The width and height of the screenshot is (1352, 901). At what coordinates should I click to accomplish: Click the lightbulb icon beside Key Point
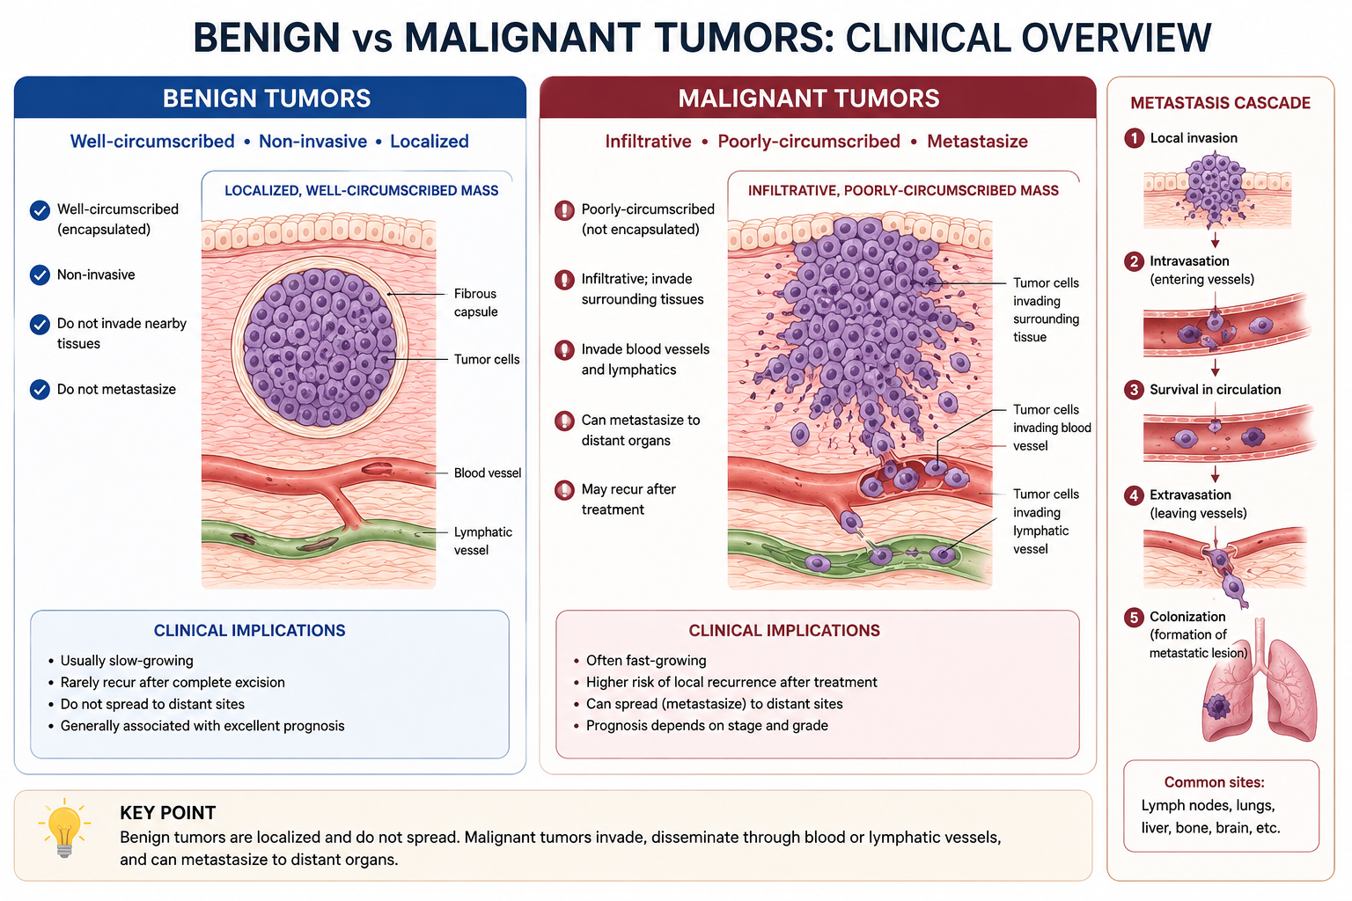tap(64, 827)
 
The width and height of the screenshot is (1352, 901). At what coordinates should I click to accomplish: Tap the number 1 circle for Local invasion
tap(1134, 138)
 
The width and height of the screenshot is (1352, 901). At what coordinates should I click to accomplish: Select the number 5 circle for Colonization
tap(1134, 617)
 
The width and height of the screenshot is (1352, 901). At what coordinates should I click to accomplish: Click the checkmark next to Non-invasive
tap(40, 275)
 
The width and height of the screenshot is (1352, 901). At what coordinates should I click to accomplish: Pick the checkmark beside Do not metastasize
tap(40, 389)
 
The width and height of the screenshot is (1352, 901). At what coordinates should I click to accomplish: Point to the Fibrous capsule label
tap(475, 303)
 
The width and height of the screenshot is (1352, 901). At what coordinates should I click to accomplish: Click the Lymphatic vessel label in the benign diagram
tap(483, 541)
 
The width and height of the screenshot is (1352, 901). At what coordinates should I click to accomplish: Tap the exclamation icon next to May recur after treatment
tap(564, 490)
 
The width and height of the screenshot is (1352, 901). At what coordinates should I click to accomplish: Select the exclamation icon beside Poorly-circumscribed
tap(564, 210)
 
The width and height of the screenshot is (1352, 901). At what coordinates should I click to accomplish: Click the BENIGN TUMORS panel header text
tap(267, 99)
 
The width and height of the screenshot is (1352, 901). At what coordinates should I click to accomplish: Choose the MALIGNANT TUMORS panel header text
tap(809, 99)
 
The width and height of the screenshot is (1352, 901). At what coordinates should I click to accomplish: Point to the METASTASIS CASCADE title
tap(1221, 103)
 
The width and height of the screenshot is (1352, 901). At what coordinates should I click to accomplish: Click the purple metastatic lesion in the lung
tap(1218, 706)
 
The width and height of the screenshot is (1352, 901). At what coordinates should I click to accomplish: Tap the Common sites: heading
tap(1215, 782)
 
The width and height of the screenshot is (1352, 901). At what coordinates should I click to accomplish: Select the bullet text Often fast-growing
tap(646, 660)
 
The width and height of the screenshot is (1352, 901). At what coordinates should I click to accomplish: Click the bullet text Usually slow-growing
tap(127, 660)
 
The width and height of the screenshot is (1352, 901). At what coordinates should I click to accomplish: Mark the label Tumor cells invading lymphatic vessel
tap(1046, 522)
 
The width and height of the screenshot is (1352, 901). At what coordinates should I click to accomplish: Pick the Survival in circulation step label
tap(1215, 390)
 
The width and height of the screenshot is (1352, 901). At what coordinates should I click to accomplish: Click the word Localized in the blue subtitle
tap(430, 141)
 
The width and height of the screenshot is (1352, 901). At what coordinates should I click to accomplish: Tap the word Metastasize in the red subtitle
tap(977, 141)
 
